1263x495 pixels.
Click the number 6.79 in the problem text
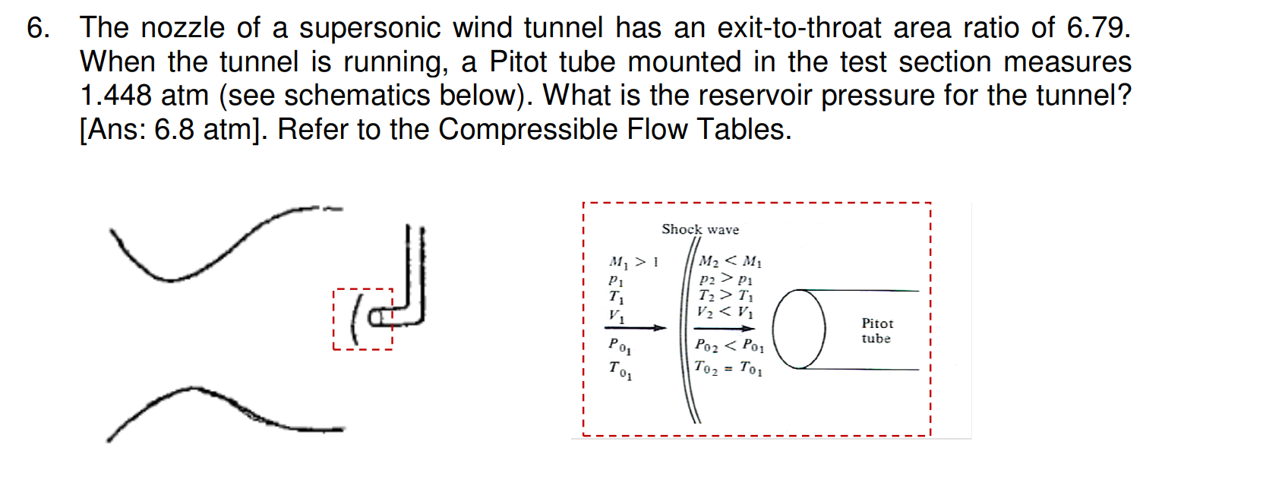coord(1097,28)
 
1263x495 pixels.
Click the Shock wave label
coord(699,229)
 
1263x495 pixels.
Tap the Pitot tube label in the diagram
coord(876,331)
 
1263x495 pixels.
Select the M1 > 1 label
coord(633,263)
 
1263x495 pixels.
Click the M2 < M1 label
coord(730,262)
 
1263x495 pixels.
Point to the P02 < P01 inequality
coord(729,346)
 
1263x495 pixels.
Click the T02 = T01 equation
coord(728,368)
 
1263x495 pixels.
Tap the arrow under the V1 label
coord(635,328)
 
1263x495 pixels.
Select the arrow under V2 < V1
coord(725,328)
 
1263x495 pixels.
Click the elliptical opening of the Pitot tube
coord(799,329)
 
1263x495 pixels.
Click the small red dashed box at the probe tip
coord(363,319)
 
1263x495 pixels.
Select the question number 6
coord(37,28)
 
